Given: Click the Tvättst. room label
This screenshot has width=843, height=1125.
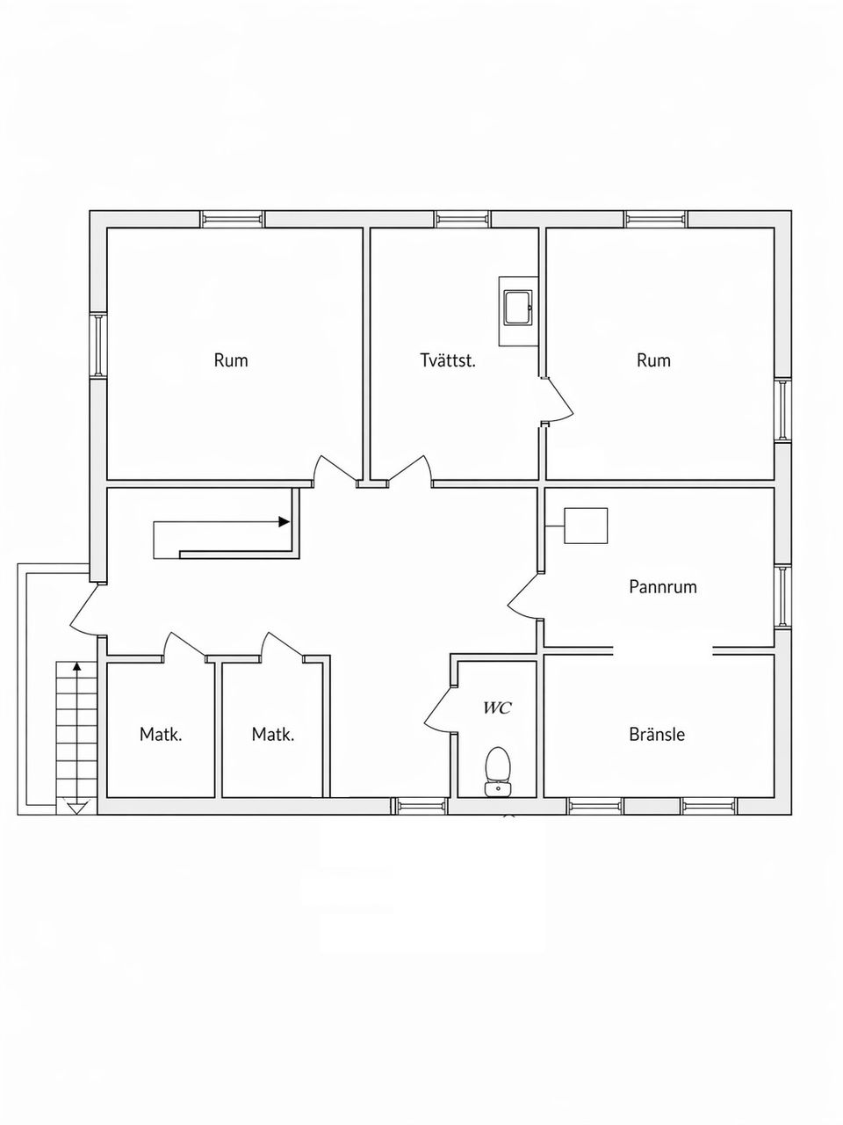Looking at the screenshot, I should click(448, 360).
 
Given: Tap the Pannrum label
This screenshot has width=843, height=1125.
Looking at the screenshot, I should click(663, 586).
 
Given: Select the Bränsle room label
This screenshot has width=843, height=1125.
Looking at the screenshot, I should click(657, 734).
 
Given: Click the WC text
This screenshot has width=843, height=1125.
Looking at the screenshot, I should click(497, 708).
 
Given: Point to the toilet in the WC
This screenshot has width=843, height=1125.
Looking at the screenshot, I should click(498, 770).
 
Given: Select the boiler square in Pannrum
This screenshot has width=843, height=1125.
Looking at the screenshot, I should click(586, 526).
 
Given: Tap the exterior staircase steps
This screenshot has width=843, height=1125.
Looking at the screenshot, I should click(76, 729).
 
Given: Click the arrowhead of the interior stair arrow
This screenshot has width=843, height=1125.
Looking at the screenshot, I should click(285, 521).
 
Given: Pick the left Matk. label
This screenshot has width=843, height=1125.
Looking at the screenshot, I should click(161, 734).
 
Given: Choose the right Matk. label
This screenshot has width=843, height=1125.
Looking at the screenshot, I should click(273, 734).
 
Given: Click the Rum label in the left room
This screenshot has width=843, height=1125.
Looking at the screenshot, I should click(231, 360).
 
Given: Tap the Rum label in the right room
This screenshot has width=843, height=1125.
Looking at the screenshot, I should click(653, 360).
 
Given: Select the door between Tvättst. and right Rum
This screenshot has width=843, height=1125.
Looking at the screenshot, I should click(557, 403).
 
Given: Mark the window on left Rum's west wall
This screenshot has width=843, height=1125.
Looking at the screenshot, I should click(98, 345).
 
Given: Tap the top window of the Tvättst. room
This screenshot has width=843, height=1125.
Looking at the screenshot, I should click(463, 219).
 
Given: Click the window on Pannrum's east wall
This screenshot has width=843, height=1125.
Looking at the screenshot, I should click(782, 596).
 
